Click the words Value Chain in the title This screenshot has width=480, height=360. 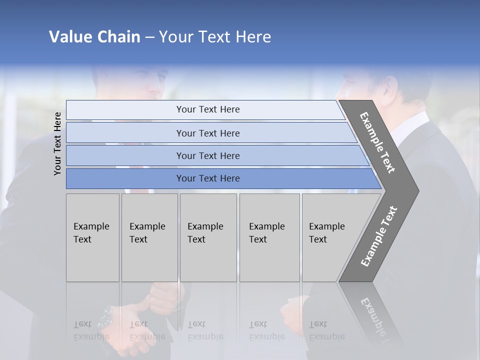tap(94, 37)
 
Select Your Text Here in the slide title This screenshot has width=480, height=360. tap(215, 37)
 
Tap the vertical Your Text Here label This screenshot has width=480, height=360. tap(57, 143)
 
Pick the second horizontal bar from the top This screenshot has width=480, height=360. tap(207, 133)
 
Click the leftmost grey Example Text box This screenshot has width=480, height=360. tap(92, 237)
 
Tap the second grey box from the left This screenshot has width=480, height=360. tap(149, 237)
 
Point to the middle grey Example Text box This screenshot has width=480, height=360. tap(208, 237)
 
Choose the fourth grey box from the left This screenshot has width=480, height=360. tap(269, 237)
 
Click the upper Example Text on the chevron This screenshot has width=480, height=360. tap(377, 142)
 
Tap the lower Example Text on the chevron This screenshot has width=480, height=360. tap(379, 236)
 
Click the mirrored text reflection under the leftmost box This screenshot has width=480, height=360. tap(91, 330)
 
